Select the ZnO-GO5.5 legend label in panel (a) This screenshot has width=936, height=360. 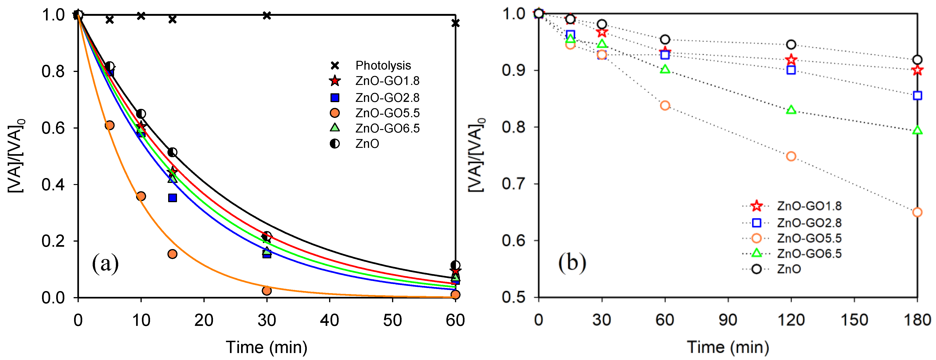[x=387, y=113]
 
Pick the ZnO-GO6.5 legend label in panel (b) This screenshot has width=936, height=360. [x=809, y=253]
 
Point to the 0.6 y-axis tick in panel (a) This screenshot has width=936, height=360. [x=53, y=128]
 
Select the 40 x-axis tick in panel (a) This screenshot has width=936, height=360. [x=330, y=320]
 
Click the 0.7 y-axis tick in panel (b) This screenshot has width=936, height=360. [x=514, y=184]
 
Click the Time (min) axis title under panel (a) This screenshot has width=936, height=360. [x=266, y=347]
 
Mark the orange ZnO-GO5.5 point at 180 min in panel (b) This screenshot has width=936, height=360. [x=917, y=212]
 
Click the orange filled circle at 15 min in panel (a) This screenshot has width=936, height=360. [x=173, y=254]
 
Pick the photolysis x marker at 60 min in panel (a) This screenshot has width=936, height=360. [x=455, y=23]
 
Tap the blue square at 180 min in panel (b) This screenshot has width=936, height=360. [x=917, y=96]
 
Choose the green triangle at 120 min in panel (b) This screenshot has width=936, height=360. [x=791, y=110]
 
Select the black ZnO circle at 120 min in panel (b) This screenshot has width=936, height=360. [x=791, y=45]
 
